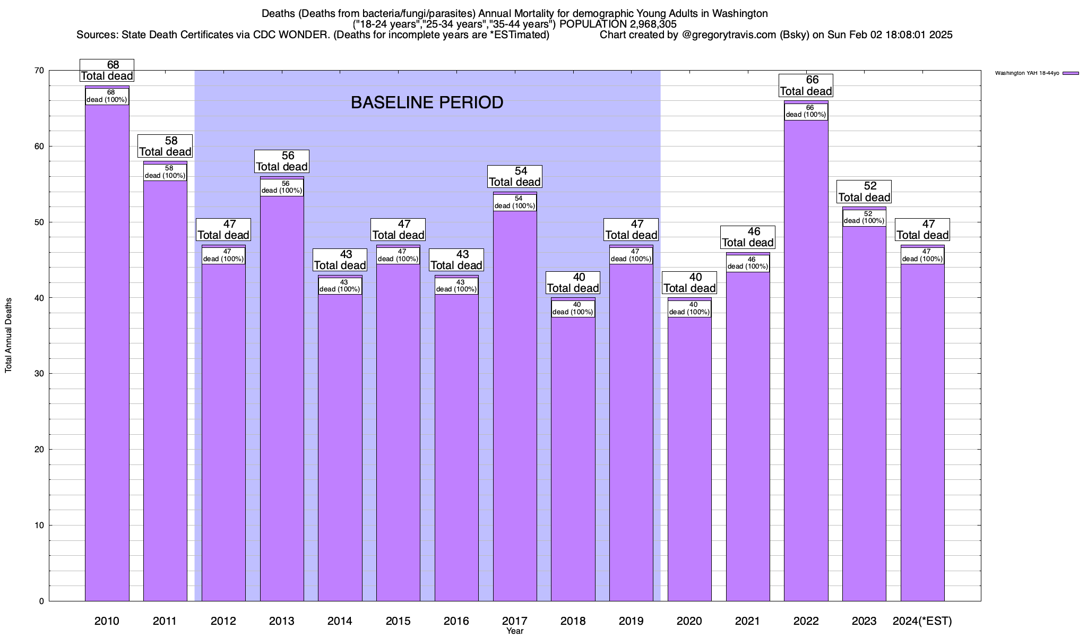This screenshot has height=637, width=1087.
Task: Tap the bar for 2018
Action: (573, 451)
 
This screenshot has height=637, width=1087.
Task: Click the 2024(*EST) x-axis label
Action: (922, 621)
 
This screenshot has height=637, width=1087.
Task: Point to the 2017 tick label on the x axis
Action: (514, 621)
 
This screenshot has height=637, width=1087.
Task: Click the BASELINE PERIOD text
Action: (427, 102)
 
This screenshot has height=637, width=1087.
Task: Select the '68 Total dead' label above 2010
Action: (107, 70)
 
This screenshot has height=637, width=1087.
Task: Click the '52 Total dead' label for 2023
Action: (864, 192)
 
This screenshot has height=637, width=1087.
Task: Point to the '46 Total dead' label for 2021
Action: (748, 237)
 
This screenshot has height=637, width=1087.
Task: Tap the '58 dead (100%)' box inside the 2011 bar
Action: (165, 172)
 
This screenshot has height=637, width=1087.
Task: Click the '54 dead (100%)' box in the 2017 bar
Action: (515, 202)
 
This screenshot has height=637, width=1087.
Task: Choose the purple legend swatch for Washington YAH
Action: (1071, 73)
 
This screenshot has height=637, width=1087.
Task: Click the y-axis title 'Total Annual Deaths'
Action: (8, 335)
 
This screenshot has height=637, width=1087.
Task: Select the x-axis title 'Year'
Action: (514, 631)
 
